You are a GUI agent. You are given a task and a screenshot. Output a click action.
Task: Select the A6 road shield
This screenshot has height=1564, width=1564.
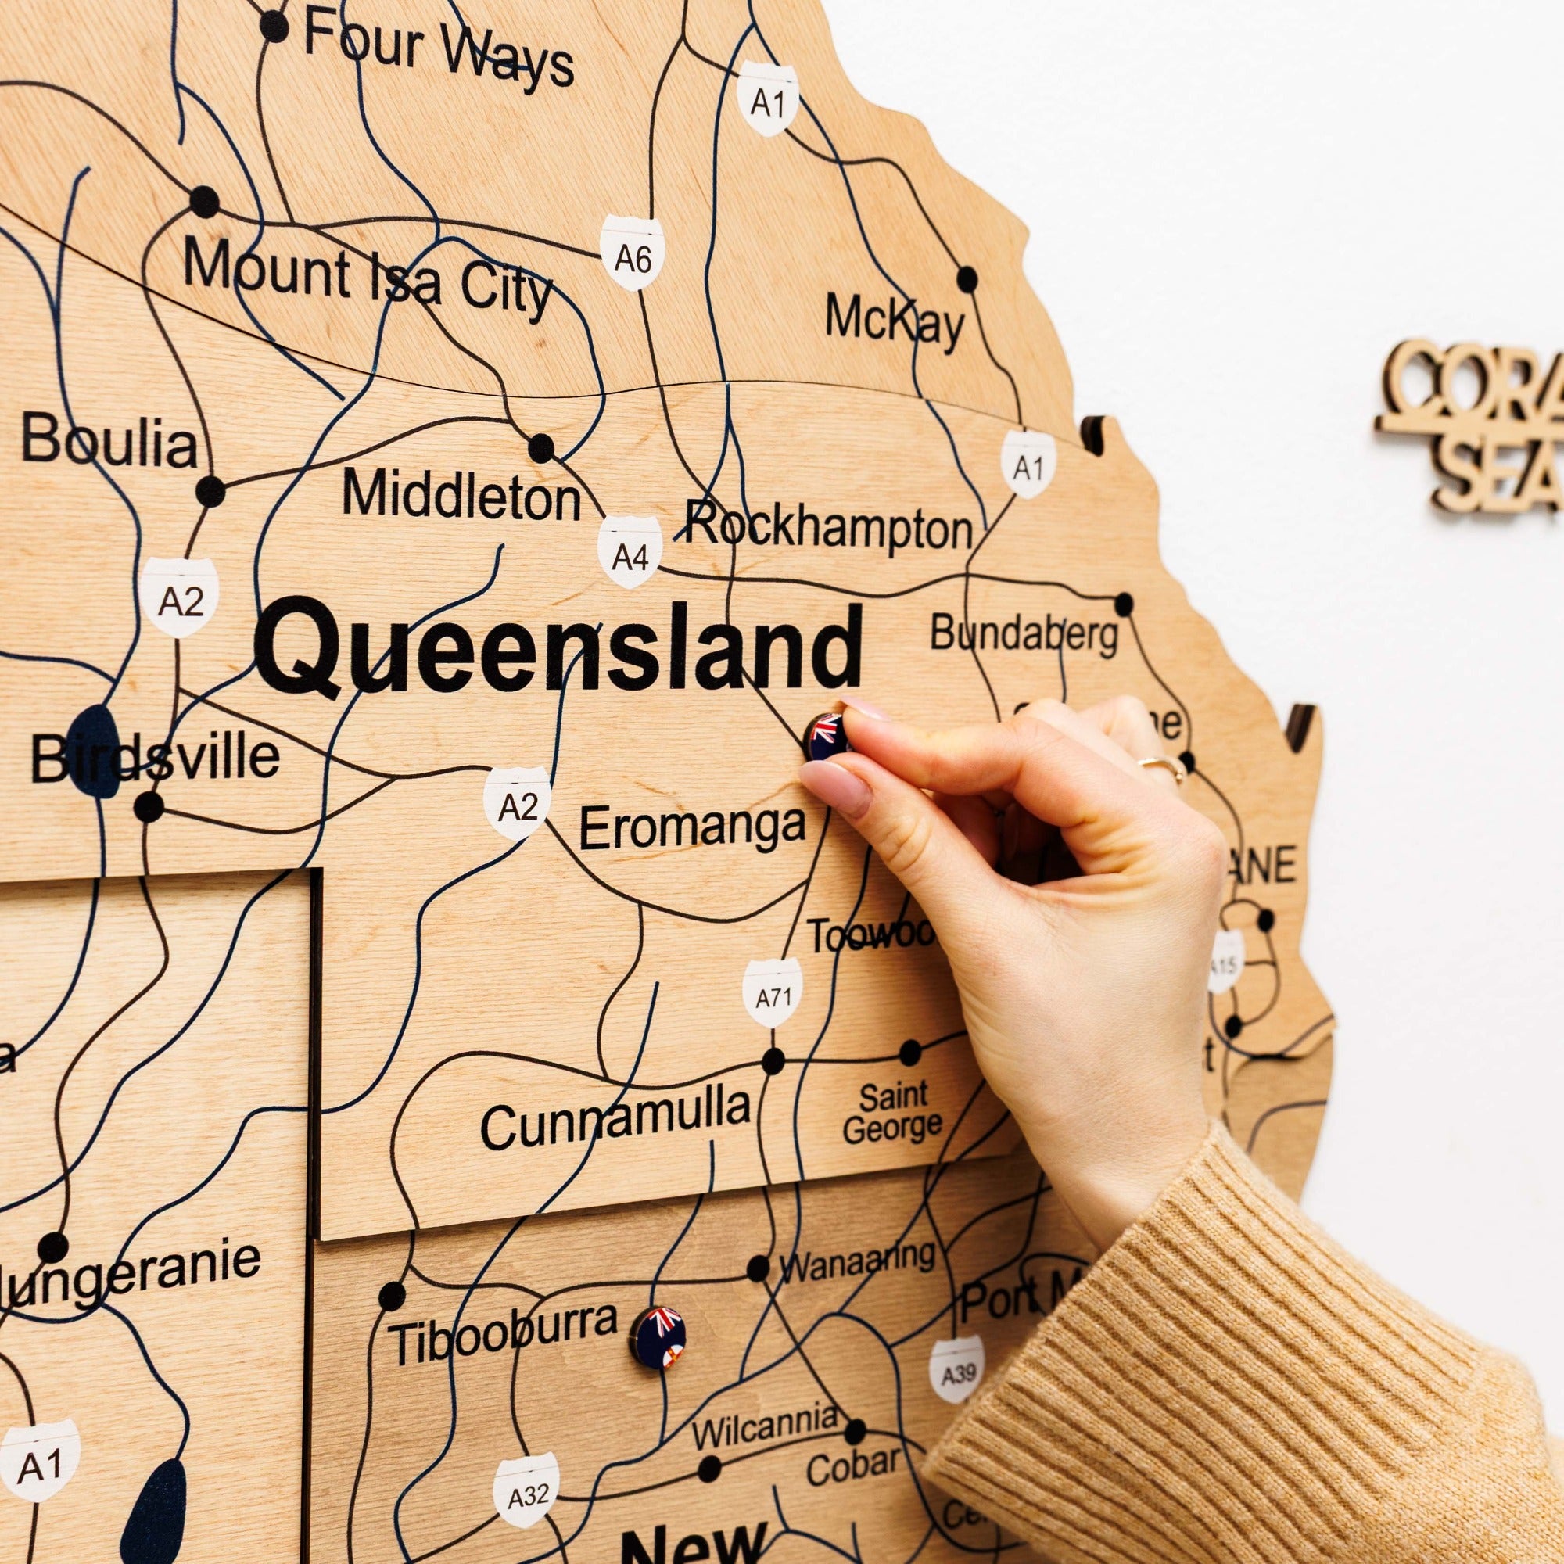click(x=632, y=254)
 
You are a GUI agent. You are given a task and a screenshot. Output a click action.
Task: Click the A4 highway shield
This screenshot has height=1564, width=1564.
click(x=630, y=554)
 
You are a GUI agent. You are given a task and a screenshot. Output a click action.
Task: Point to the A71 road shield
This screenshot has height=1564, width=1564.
click(x=773, y=994)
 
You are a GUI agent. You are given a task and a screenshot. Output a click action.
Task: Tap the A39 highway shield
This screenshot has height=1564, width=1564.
click(x=957, y=1370)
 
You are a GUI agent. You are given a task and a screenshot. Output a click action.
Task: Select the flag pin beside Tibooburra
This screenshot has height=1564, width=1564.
click(x=660, y=1338)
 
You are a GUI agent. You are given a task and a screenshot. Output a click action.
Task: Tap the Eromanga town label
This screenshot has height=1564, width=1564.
click(x=692, y=827)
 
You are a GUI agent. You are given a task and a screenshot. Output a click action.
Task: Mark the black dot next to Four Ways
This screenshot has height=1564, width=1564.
click(x=274, y=27)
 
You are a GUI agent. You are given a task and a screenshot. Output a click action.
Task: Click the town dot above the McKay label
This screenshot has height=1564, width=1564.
click(x=967, y=279)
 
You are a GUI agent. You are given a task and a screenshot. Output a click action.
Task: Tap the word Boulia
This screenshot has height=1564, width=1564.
click(x=109, y=442)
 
